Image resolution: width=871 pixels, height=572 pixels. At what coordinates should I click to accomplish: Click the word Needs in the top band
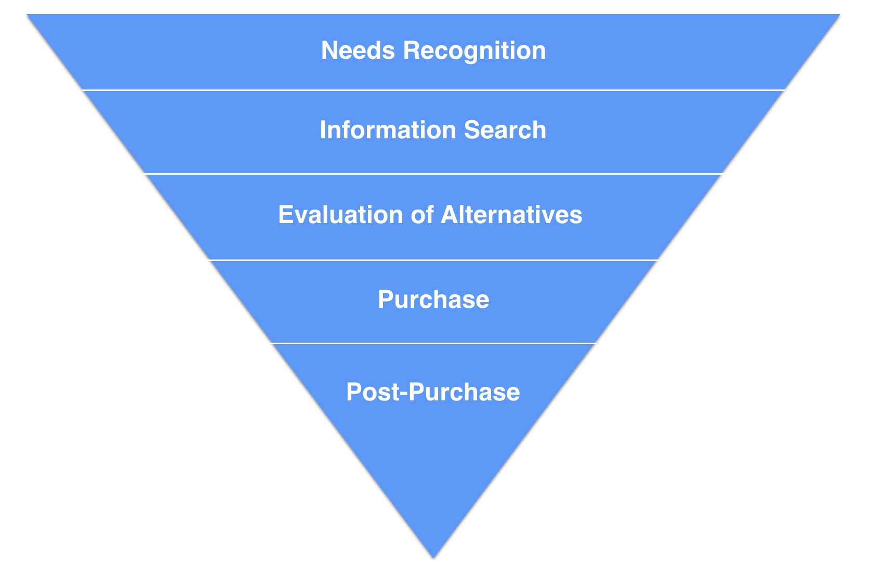pyautogui.click(x=358, y=50)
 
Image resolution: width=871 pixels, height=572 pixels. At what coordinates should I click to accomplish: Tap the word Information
pyautogui.click(x=388, y=129)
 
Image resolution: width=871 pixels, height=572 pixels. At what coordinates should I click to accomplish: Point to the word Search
pyautogui.click(x=505, y=129)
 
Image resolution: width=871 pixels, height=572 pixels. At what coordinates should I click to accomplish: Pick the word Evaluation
pyautogui.click(x=340, y=214)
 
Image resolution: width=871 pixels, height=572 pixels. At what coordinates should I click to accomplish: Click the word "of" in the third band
pyautogui.click(x=423, y=214)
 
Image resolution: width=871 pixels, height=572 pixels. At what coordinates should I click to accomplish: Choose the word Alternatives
pyautogui.click(x=512, y=214)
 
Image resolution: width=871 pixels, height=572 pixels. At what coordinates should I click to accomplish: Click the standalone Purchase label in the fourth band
pyautogui.click(x=433, y=299)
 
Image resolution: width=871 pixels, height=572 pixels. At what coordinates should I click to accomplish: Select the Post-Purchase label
pyautogui.click(x=433, y=392)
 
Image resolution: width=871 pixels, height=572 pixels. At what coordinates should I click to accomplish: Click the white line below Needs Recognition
pyautogui.click(x=433, y=90)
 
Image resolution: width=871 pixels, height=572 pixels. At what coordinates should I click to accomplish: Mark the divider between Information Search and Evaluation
pyautogui.click(x=433, y=174)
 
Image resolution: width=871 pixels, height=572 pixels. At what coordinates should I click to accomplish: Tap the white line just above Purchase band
pyautogui.click(x=433, y=260)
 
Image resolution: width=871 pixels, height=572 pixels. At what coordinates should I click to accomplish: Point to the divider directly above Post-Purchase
pyautogui.click(x=433, y=343)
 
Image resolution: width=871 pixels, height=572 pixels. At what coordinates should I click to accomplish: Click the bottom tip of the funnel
pyautogui.click(x=433, y=558)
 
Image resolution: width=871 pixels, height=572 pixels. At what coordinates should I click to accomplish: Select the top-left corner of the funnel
pyautogui.click(x=27, y=15)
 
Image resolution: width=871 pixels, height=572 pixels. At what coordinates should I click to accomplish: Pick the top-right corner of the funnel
pyautogui.click(x=840, y=15)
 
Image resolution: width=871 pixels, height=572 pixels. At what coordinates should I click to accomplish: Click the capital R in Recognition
pyautogui.click(x=412, y=50)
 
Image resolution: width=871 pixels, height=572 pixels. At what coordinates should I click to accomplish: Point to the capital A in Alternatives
pyautogui.click(x=450, y=214)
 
